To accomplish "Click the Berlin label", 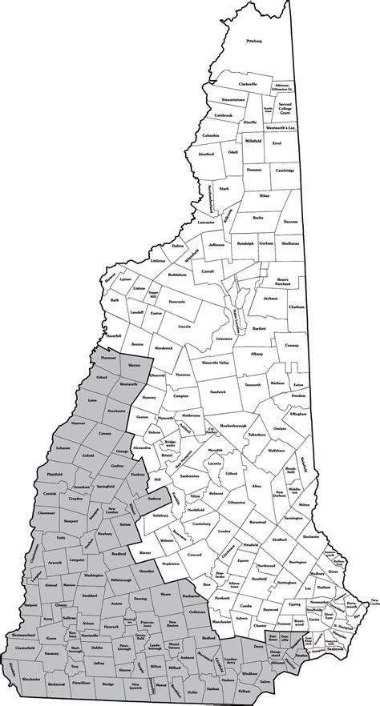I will click(x=257, y=217).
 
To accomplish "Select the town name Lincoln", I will click(x=185, y=327).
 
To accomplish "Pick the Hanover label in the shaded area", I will click(x=79, y=422).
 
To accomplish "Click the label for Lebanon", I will click(x=63, y=447).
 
